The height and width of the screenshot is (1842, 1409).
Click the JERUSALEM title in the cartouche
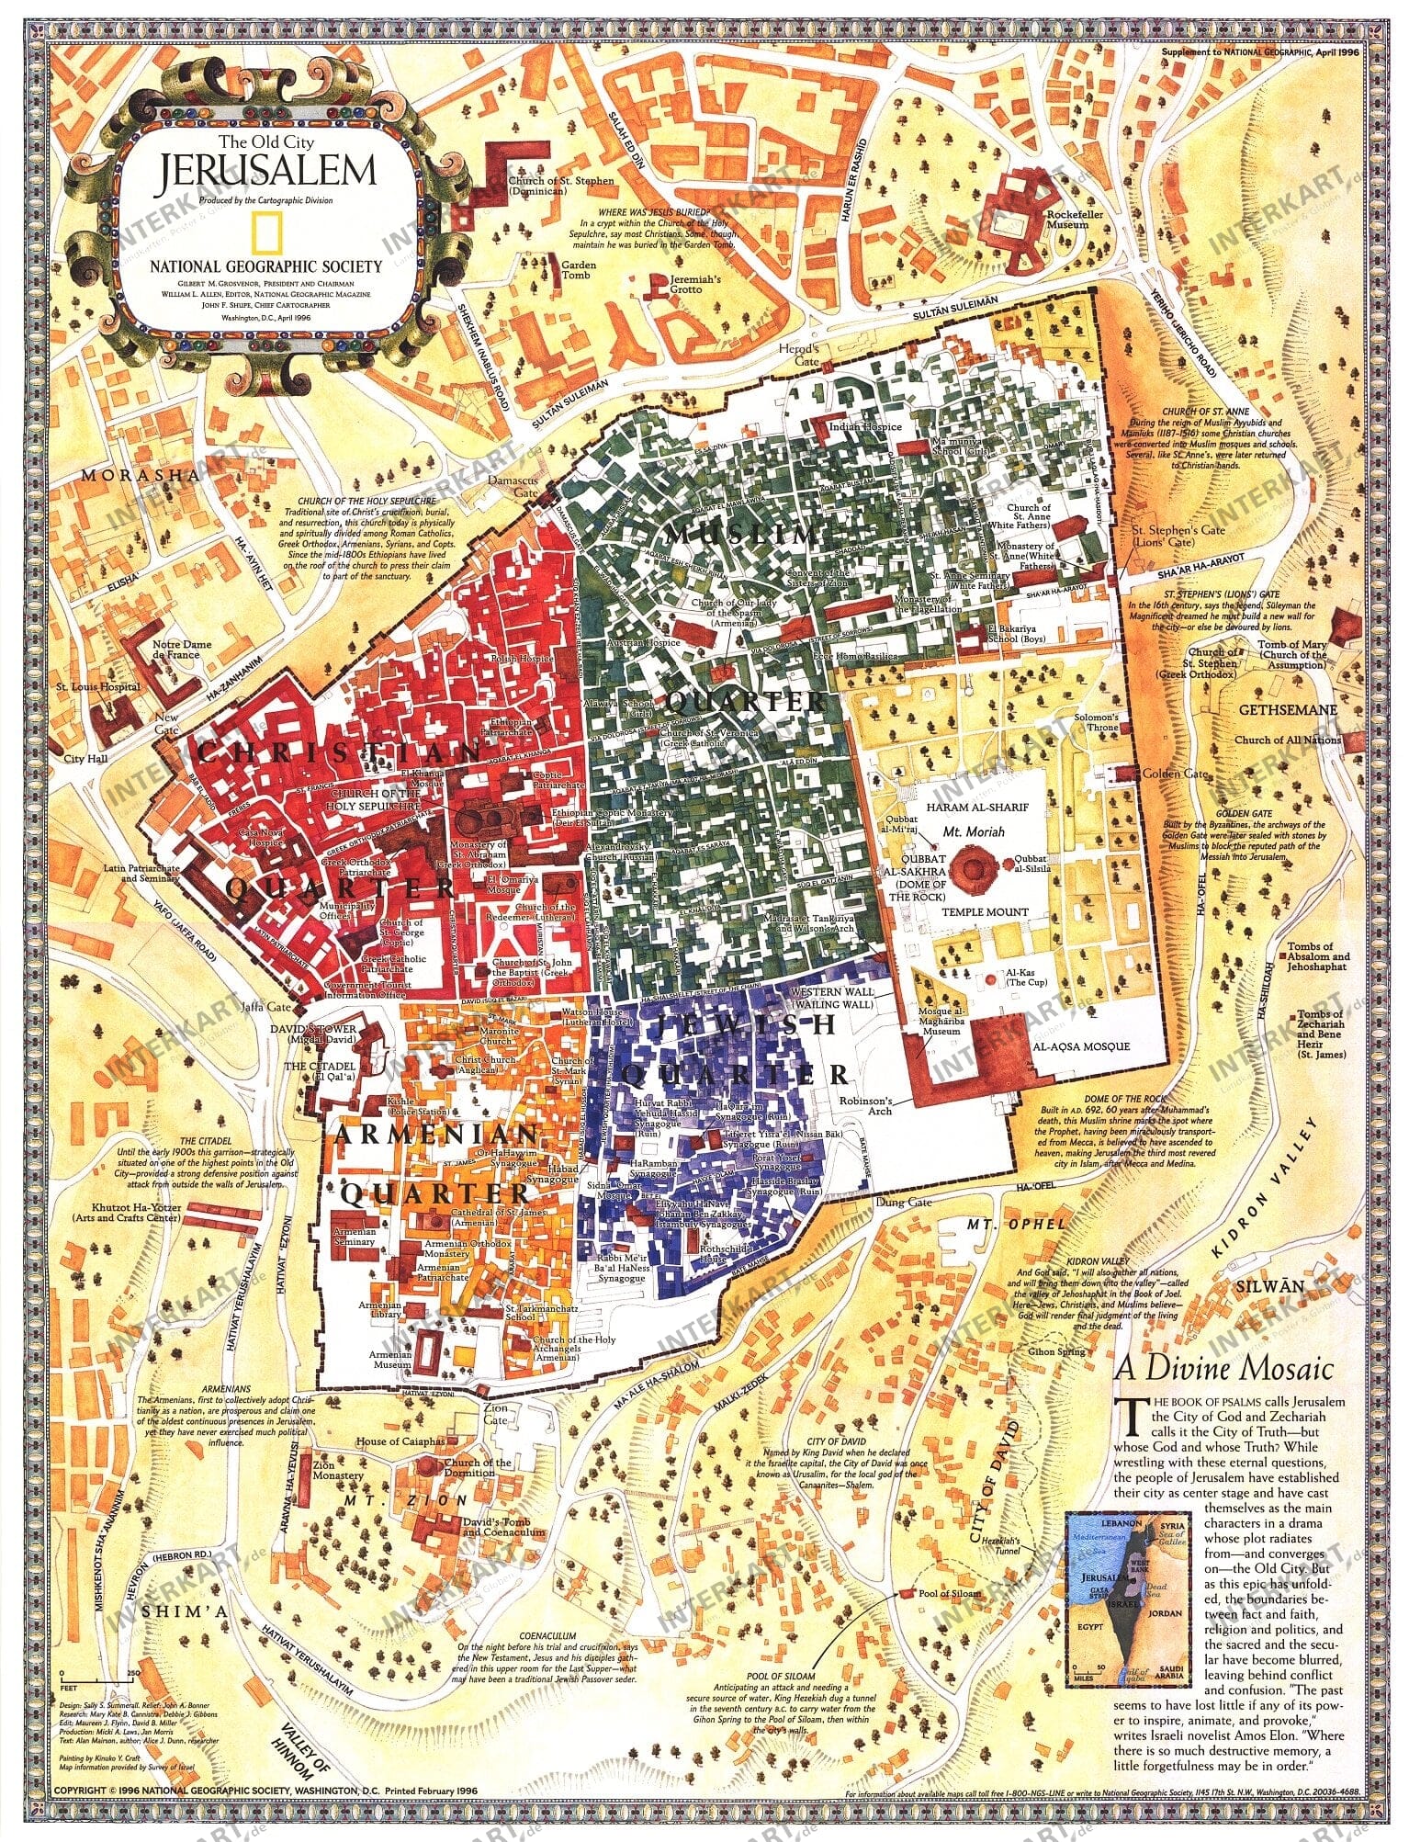267,172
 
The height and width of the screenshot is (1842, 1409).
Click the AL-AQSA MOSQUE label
1081,1046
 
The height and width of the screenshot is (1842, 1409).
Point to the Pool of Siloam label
949,1593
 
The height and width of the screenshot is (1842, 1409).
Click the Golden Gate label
1183,774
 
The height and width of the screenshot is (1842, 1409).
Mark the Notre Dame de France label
182,650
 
